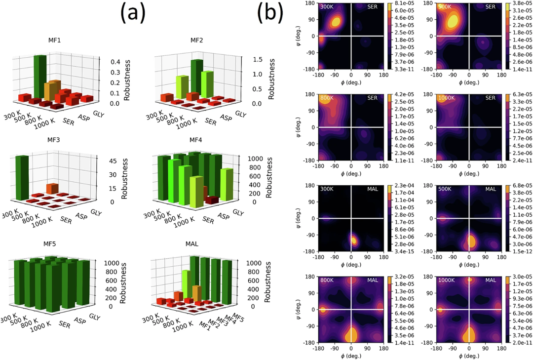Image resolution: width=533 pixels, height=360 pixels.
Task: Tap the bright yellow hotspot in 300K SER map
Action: click(335, 22)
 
